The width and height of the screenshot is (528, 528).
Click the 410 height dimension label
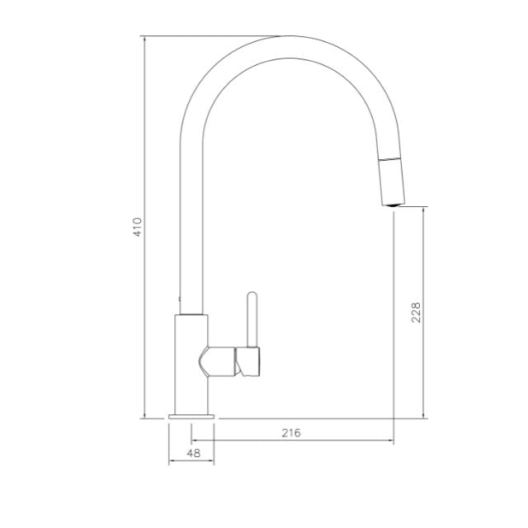[138, 227]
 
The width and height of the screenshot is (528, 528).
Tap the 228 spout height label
[416, 313]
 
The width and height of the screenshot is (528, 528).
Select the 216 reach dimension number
[291, 432]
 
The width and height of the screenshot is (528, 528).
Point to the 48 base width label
[194, 453]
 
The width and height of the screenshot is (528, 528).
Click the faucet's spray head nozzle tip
[394, 205]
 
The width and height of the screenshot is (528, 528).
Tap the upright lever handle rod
[252, 319]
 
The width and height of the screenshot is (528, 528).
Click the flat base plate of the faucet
[191, 417]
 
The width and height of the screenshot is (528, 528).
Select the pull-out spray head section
[391, 181]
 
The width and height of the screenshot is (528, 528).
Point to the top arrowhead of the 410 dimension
[145, 39]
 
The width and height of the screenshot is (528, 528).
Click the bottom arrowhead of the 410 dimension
[145, 416]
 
